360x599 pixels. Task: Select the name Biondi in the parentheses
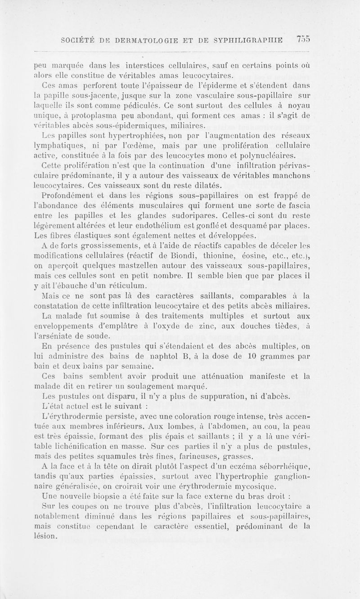pos(211,255)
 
